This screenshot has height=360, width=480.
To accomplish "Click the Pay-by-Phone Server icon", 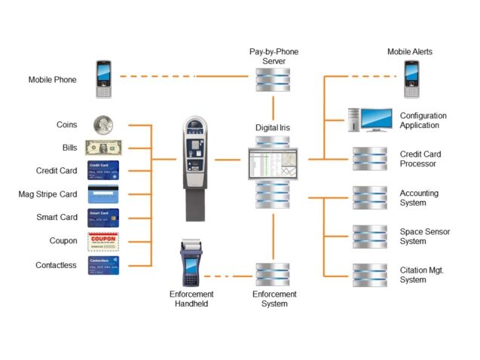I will click(273, 78).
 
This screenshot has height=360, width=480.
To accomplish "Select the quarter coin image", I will click(103, 124).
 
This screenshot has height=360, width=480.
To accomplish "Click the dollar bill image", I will click(103, 147).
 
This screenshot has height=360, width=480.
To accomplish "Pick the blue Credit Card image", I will click(103, 170).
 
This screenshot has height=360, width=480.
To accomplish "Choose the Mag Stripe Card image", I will click(103, 194).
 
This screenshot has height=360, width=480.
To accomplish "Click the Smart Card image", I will click(103, 218).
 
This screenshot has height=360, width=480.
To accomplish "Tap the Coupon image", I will click(103, 242).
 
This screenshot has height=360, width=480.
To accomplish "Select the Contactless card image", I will click(103, 265).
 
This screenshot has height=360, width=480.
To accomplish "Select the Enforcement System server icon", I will click(273, 274).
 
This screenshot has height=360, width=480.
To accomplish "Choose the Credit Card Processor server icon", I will click(370, 159).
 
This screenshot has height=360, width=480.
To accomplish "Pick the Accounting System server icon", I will click(370, 198).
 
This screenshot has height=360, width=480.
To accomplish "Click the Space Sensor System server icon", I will click(370, 236).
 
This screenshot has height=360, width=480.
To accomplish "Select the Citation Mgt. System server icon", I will click(370, 274).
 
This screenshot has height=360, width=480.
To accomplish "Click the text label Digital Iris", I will click(274, 128).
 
